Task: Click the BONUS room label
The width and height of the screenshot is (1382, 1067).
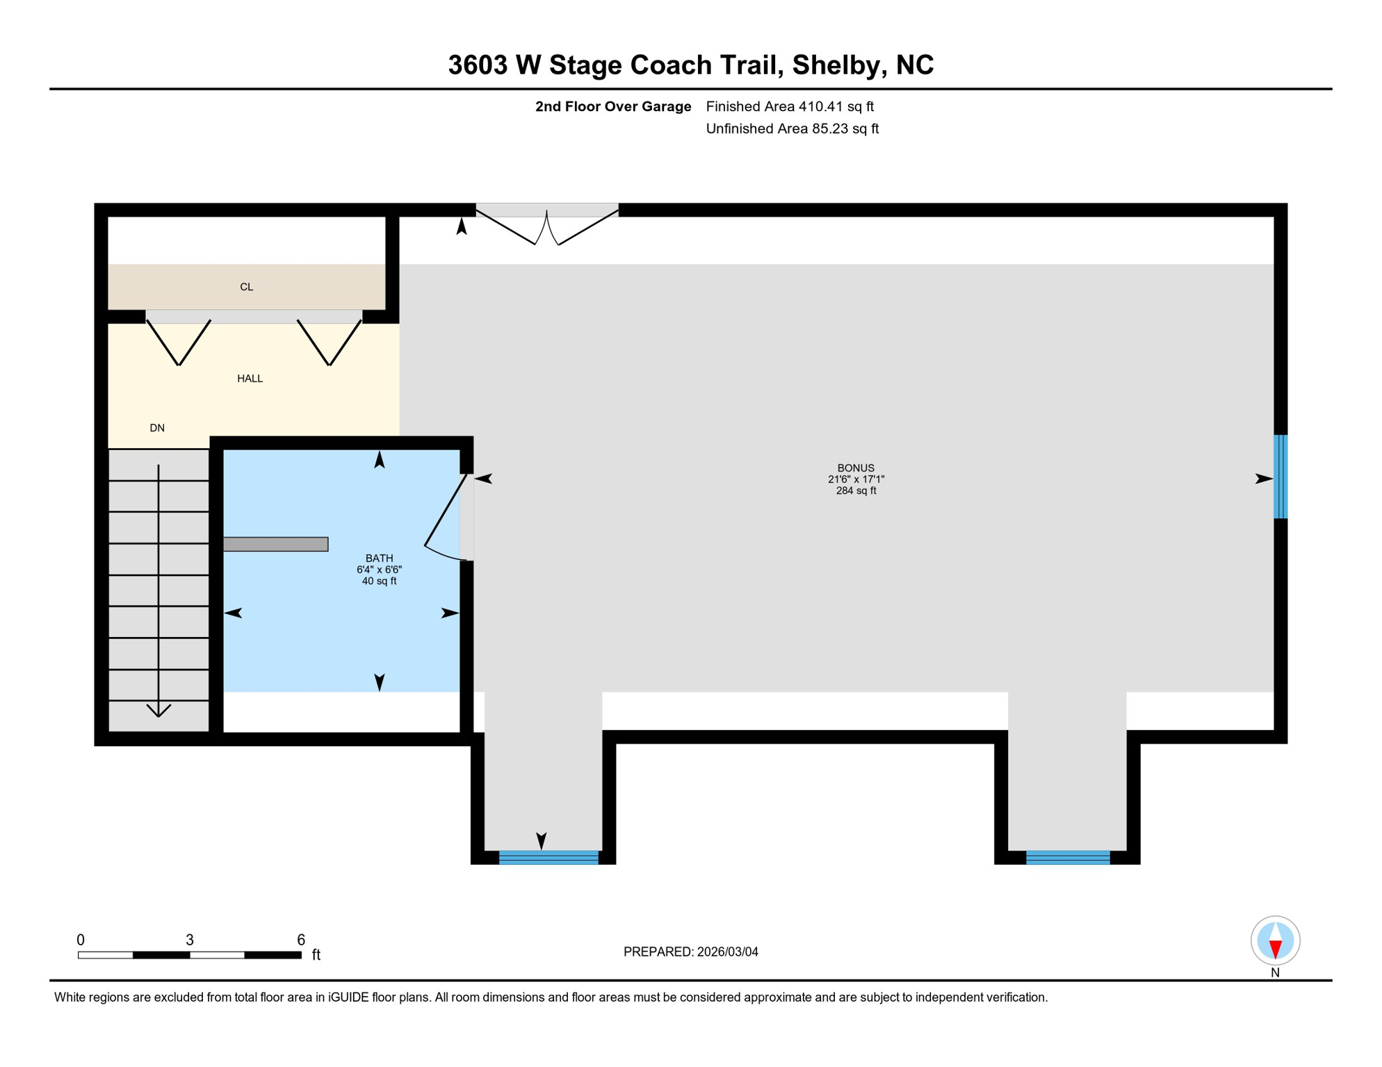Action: coord(856,468)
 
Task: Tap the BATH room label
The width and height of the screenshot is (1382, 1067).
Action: coord(379,558)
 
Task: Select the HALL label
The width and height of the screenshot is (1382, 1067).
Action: coord(250,379)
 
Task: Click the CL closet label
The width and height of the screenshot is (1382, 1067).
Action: coord(246,287)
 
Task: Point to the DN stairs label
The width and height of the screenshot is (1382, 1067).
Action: coord(157,428)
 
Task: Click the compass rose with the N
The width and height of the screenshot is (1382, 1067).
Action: coord(1275,941)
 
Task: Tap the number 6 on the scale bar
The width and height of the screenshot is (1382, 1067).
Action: coord(301,940)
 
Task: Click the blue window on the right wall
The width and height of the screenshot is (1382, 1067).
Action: coord(1280,477)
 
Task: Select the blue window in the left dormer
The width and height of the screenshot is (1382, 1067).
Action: coord(548,857)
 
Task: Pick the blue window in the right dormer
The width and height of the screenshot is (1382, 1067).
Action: coord(1068,857)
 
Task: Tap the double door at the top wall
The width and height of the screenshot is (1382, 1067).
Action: coord(547,227)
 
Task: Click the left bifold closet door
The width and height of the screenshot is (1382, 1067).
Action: coord(179,342)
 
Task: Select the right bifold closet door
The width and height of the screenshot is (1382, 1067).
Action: coord(330,342)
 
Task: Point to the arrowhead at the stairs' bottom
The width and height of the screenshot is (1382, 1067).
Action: coord(158,711)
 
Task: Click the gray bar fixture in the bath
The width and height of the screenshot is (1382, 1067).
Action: coord(275,544)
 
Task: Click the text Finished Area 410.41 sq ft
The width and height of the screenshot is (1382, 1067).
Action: coord(790,106)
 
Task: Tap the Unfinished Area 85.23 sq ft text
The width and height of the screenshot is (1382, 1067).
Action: coord(792,129)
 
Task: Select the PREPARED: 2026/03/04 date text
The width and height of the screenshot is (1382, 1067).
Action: coord(690,952)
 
